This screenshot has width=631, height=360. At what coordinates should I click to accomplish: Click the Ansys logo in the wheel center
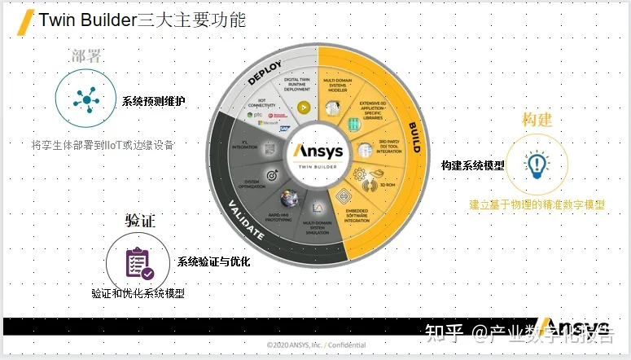tap(317, 151)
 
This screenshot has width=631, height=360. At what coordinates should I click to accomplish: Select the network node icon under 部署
tap(83, 99)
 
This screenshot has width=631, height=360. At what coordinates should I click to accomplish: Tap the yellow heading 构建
tap(537, 120)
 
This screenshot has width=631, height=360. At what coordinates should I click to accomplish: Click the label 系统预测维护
tap(154, 101)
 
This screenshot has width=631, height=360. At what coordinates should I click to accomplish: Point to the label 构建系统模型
tap(472, 165)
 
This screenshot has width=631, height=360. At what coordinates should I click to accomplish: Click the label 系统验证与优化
tap(214, 261)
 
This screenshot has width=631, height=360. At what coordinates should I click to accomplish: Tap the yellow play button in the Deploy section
tap(303, 106)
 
